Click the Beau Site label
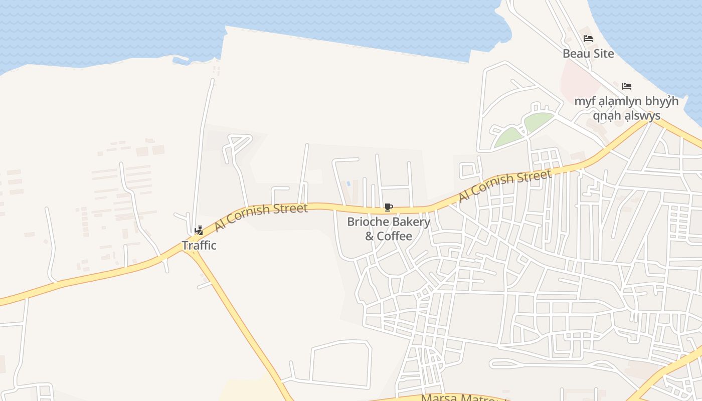click(588, 54)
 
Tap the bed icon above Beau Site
click(588, 39)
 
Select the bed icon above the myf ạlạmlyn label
click(626, 86)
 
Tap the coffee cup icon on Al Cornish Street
click(388, 208)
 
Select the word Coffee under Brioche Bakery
click(395, 236)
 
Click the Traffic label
click(199, 246)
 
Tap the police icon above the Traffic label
click(199, 231)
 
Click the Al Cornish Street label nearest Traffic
click(261, 217)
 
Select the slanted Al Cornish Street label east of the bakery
click(505, 186)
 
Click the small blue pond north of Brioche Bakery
click(348, 184)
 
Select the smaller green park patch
click(508, 137)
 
